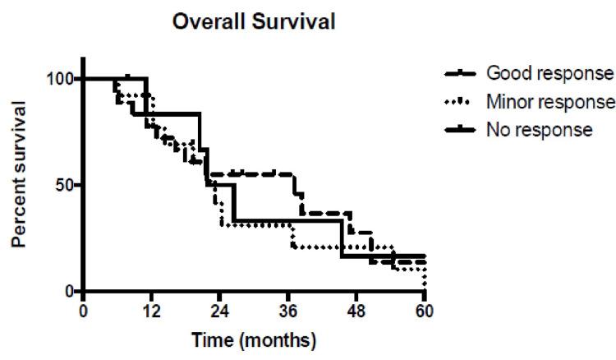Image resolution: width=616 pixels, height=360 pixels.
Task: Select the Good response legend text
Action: tap(549, 73)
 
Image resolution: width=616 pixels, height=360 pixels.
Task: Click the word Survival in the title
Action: tap(291, 22)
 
